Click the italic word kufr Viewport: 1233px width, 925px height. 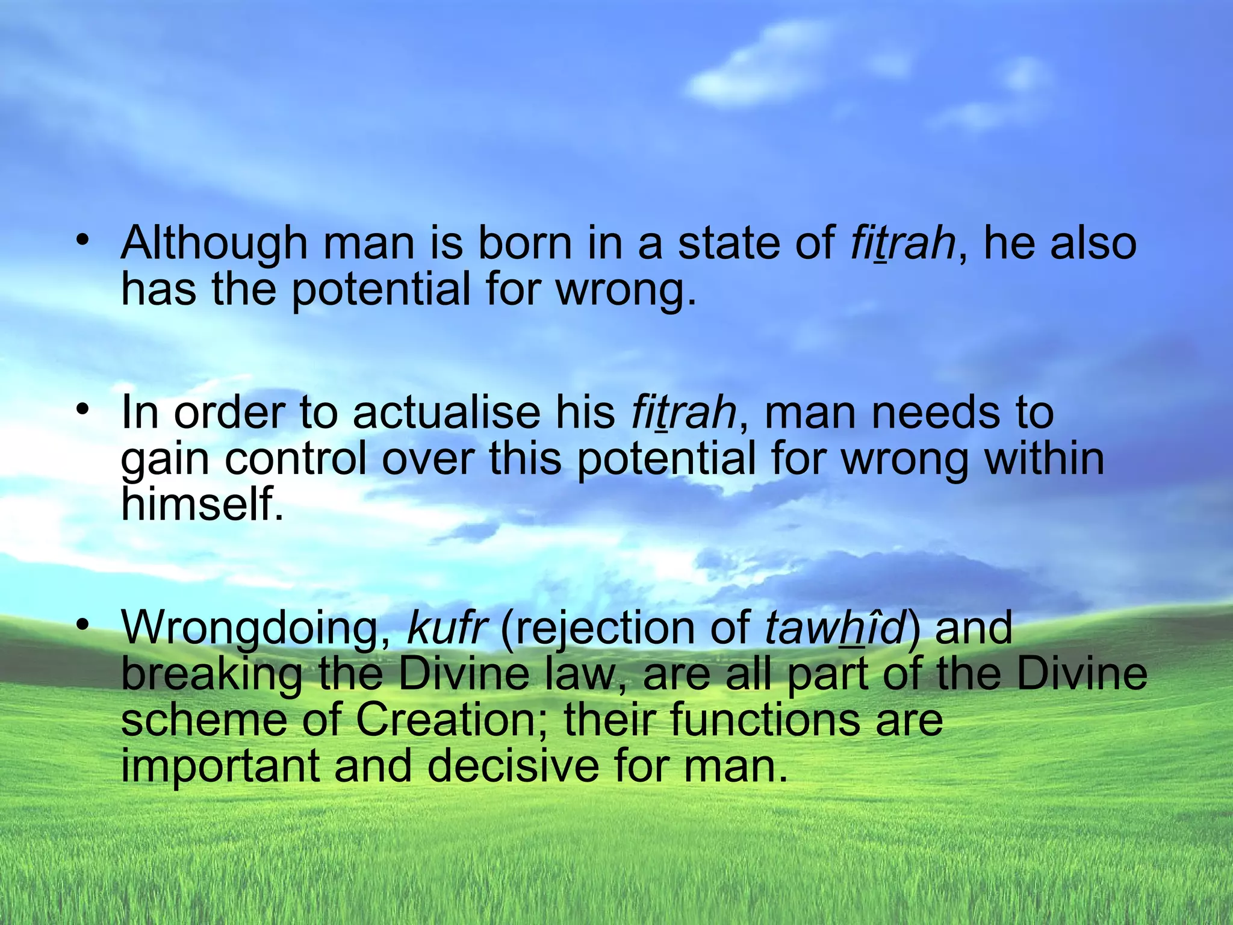coord(446,628)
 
